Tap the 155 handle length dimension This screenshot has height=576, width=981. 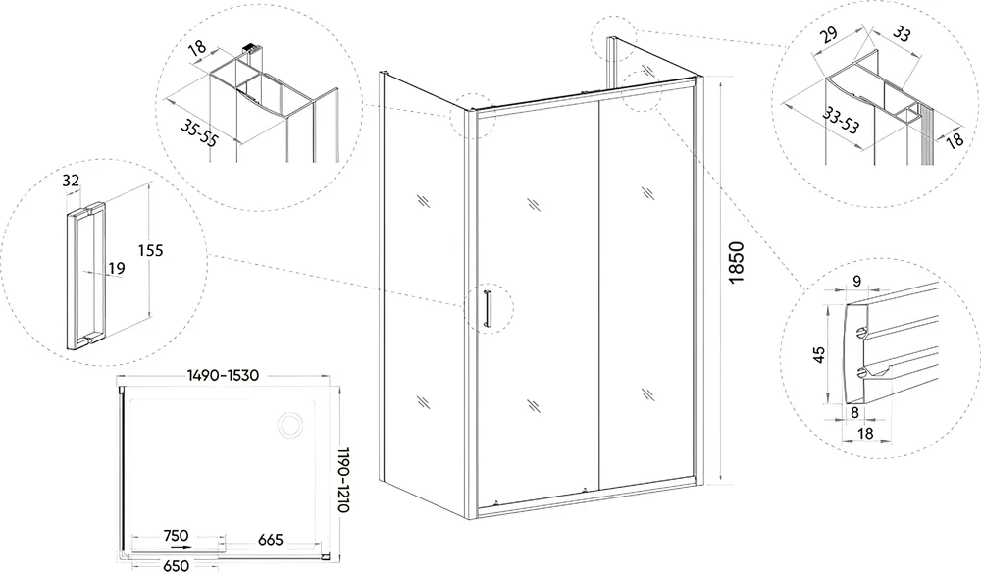tap(151, 250)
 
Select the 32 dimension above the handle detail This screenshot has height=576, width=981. tap(72, 181)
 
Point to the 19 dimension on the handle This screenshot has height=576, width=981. tap(117, 269)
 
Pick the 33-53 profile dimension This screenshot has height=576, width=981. tap(841, 120)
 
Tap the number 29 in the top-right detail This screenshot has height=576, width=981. tap(829, 33)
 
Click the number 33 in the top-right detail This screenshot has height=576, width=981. tap(901, 32)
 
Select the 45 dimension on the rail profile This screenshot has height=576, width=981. tap(819, 355)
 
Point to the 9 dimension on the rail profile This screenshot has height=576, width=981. tap(857, 281)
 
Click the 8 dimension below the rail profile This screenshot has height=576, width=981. tap(854, 412)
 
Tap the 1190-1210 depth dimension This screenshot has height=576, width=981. tap(342, 480)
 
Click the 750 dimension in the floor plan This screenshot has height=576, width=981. tap(176, 536)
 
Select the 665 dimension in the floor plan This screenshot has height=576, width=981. tap(271, 539)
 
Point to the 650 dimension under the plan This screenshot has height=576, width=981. tap(176, 565)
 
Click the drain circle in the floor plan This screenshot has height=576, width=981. tap(291, 425)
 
